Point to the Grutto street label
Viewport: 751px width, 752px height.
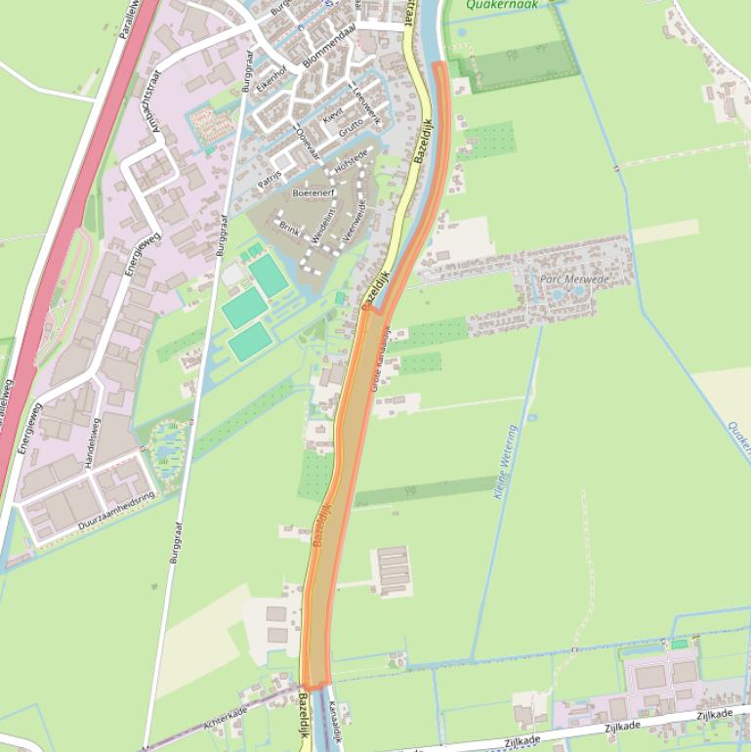[x=350, y=127]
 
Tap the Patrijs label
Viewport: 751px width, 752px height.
[x=271, y=176]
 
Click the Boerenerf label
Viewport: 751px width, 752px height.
[x=313, y=193]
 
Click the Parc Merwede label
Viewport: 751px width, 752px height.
[x=573, y=279]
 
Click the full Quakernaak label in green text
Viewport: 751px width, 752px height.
[x=502, y=5]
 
